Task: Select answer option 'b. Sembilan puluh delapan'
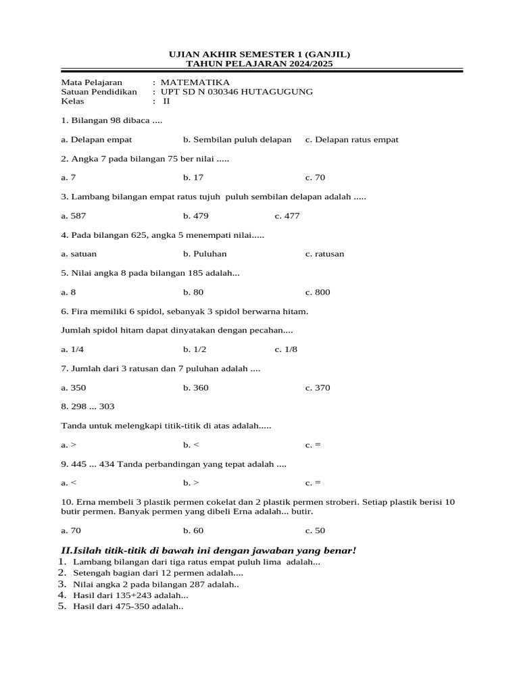point(237,140)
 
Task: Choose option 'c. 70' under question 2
point(315,178)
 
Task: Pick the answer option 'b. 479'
point(195,216)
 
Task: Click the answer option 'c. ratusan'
point(324,254)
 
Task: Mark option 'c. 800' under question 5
point(318,293)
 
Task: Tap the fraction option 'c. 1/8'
point(286,349)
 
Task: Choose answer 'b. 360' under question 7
point(195,388)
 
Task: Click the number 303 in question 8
point(106,407)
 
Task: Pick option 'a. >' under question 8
point(68,445)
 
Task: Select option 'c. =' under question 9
point(312,483)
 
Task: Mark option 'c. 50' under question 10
point(315,530)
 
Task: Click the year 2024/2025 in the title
point(304,64)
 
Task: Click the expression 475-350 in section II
point(133,607)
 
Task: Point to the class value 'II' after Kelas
point(166,101)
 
